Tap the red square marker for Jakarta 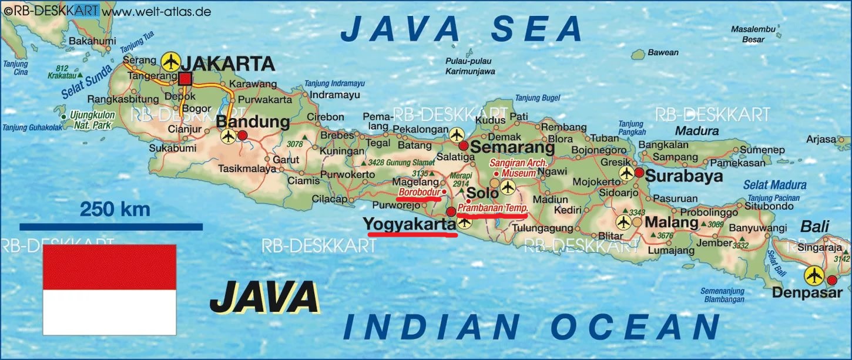[186, 79]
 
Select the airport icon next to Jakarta [170, 60]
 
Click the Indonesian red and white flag [109, 290]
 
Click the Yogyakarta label [409, 224]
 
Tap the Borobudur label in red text [419, 192]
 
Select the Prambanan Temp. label [493, 208]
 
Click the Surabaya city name [684, 176]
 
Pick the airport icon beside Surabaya [626, 173]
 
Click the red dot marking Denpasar [832, 280]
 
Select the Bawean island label [663, 53]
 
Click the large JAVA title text [264, 298]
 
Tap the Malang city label [672, 223]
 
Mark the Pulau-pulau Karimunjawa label [461, 66]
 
